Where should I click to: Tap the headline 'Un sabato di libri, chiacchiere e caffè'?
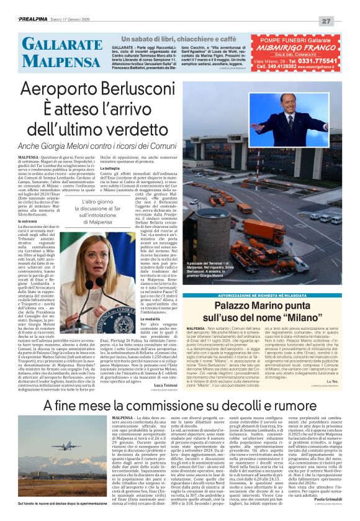pos(184,39)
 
